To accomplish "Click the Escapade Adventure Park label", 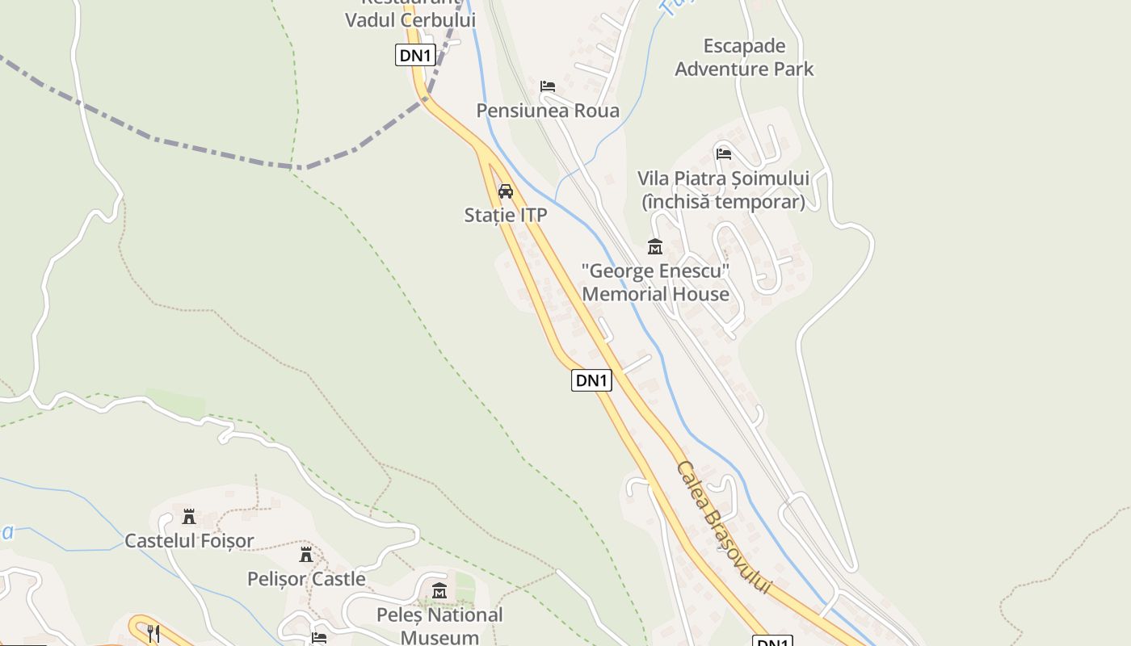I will click(744, 57).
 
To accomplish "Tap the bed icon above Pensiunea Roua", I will click(548, 86).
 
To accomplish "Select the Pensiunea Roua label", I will click(548, 111).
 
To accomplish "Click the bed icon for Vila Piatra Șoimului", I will click(723, 153).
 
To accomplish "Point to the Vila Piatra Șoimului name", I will click(723, 178).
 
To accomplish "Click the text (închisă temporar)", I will click(723, 202).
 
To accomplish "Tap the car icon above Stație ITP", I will click(506, 191).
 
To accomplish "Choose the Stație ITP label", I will click(506, 215).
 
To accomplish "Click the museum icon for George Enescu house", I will click(654, 246).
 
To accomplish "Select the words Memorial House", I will click(655, 294).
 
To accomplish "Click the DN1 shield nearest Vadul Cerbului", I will click(415, 55).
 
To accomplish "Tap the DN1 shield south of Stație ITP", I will click(591, 380).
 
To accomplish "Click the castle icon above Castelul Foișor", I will click(189, 517).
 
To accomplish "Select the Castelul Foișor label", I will click(189, 541).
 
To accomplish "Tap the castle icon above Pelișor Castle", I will click(306, 555).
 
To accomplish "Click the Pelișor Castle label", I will click(306, 579).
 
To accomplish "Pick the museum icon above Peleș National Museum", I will click(439, 591).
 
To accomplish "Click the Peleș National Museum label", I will click(439, 626).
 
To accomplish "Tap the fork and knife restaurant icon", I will click(153, 633).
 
